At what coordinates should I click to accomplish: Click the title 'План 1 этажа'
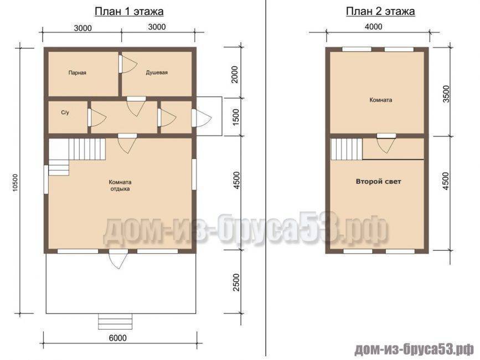(129, 12)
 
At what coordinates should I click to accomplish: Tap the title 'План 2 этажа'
(380, 12)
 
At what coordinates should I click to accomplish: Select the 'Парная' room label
(77, 73)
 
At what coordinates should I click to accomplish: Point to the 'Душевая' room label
(157, 73)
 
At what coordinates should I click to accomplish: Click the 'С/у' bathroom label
(65, 112)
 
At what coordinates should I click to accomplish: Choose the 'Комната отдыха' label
(120, 186)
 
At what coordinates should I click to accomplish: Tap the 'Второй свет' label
(378, 182)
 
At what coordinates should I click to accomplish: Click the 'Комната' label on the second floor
(381, 100)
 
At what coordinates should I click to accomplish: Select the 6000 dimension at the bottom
(118, 338)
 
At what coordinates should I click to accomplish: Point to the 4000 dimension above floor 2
(374, 27)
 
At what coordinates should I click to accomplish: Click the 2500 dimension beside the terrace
(236, 282)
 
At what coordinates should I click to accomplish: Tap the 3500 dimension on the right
(446, 94)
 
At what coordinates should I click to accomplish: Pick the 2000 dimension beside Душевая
(235, 74)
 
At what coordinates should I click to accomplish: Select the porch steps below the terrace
(115, 321)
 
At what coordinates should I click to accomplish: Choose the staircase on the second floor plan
(346, 149)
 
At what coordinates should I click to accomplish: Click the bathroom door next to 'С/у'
(97, 117)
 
